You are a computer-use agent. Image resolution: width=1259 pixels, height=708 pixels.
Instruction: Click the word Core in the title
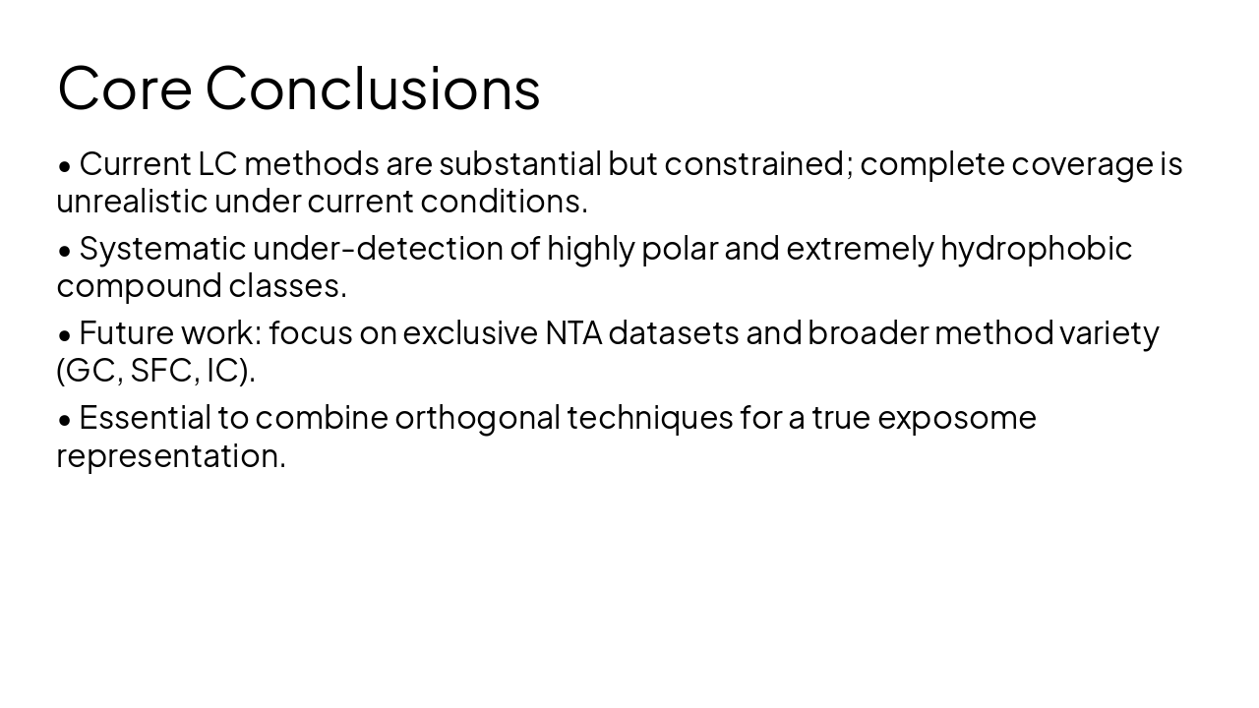[124, 88]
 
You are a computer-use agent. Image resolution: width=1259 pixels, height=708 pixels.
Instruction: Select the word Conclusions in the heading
[373, 88]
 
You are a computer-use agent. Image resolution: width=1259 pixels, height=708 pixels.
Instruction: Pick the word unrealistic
[132, 201]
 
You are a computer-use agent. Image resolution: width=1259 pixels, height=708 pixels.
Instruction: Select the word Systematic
[162, 248]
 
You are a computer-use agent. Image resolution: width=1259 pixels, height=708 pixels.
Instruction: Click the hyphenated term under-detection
[378, 248]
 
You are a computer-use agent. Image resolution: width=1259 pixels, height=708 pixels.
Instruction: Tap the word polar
[679, 248]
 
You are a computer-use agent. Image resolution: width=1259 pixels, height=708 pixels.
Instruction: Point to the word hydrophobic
[1036, 248]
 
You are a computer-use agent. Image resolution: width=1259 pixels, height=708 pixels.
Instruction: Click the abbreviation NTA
[572, 332]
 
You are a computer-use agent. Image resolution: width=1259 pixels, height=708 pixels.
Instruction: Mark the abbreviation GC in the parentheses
[90, 371]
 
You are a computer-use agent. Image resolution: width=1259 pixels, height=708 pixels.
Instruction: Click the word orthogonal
[476, 417]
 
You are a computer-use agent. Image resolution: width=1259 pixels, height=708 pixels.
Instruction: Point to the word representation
[171, 456]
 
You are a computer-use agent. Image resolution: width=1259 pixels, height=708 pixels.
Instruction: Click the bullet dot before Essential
[65, 419]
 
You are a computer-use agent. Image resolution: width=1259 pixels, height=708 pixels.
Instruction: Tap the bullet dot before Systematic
[65, 250]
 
